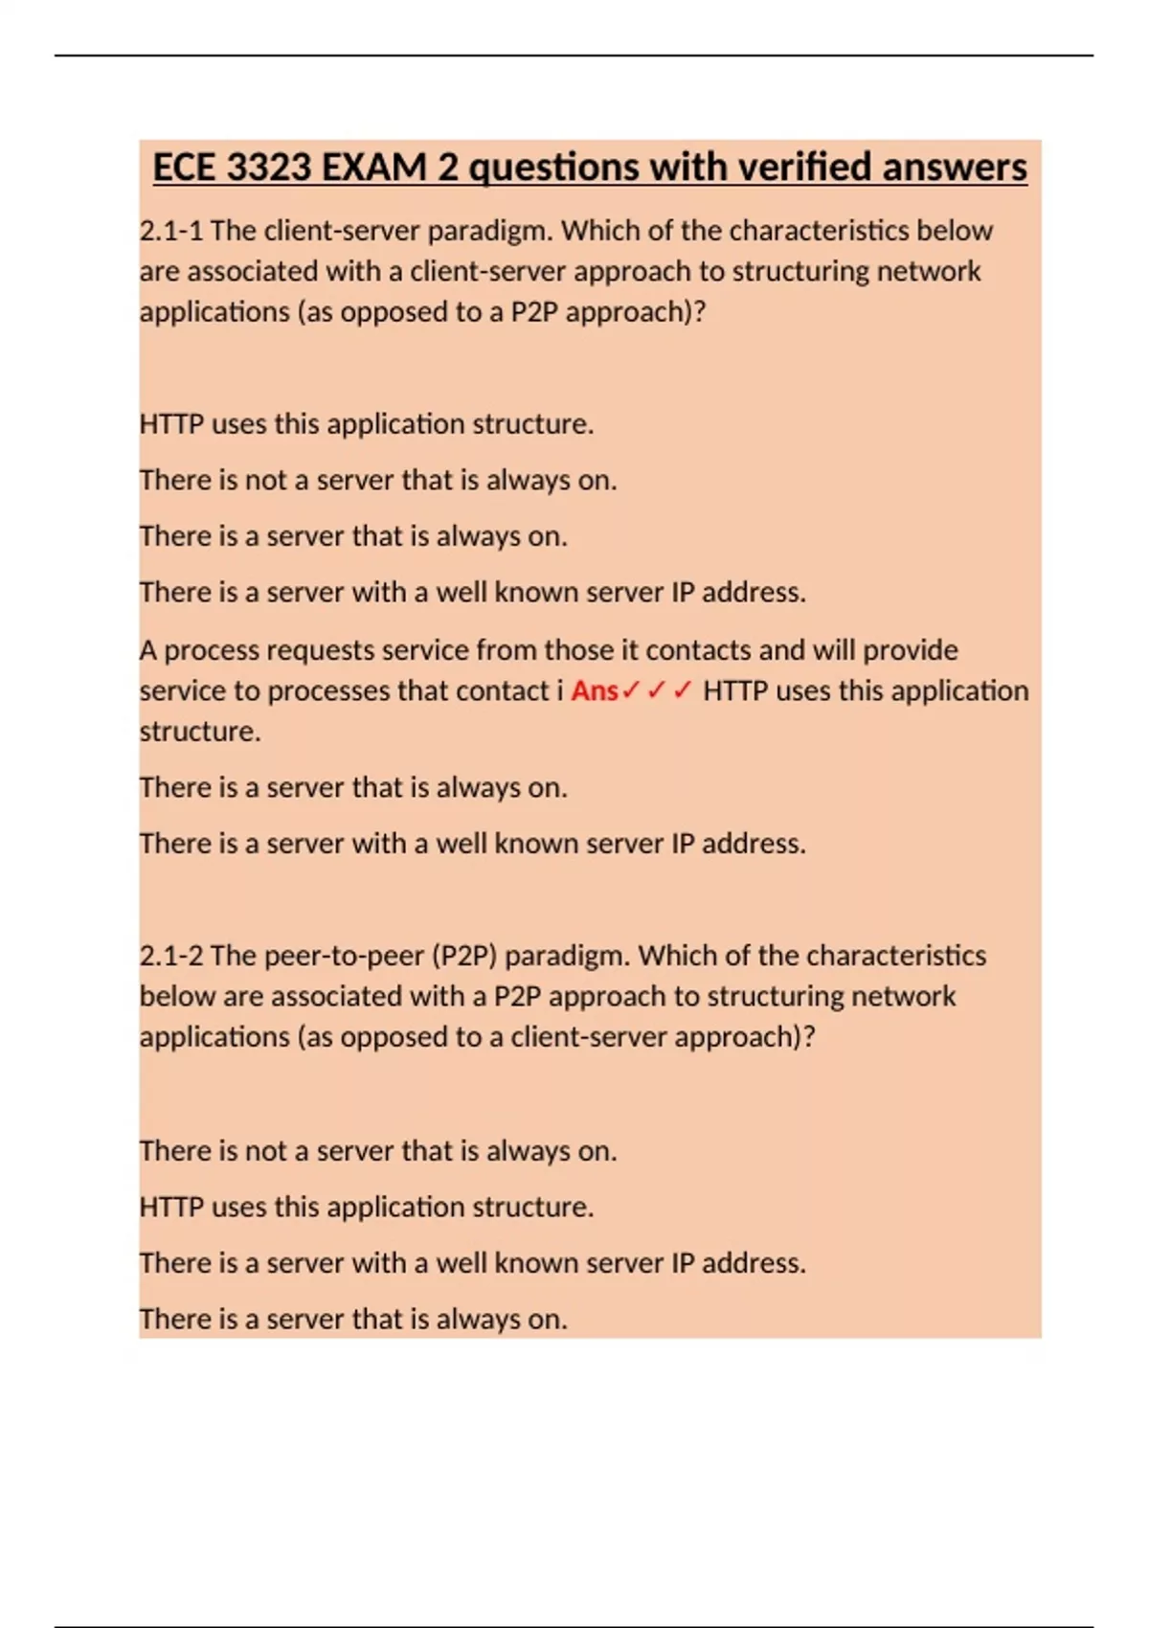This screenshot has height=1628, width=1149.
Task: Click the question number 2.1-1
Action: (x=170, y=231)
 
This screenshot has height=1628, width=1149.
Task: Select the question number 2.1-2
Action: (x=170, y=956)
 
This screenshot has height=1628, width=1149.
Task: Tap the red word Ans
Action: (x=595, y=690)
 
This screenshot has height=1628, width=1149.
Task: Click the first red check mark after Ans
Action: (x=630, y=690)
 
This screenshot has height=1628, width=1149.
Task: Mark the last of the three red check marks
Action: (x=682, y=690)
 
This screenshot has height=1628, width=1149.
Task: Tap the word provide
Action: (x=910, y=650)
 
